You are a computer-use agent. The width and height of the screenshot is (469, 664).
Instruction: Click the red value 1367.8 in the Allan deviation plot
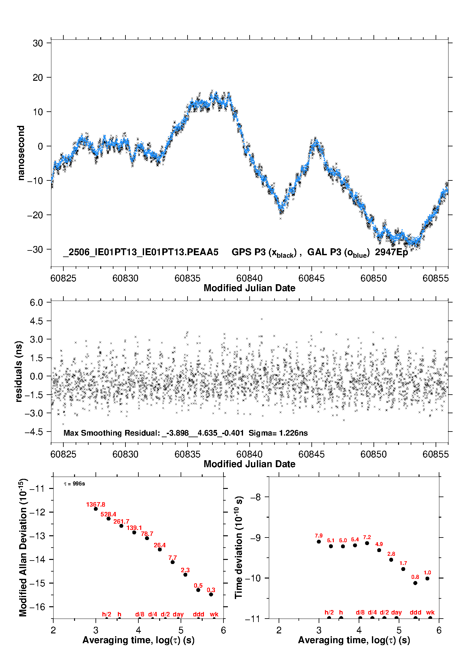pyautogui.click(x=96, y=504)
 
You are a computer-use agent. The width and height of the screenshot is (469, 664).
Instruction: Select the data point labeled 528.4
pyautogui.click(x=108, y=519)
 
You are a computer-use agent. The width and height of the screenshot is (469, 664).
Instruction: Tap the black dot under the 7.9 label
pyautogui.click(x=319, y=542)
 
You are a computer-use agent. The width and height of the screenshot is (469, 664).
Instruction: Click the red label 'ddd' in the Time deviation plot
pyautogui.click(x=415, y=612)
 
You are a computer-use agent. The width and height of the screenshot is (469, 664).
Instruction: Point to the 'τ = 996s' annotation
pyautogui.click(x=74, y=484)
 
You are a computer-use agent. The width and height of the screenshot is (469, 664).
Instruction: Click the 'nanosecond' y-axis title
pyautogui.click(x=21, y=153)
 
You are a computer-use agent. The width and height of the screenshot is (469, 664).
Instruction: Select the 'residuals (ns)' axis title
pyautogui.click(x=19, y=372)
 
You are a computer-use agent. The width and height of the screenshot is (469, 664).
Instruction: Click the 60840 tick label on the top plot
pyautogui.click(x=249, y=278)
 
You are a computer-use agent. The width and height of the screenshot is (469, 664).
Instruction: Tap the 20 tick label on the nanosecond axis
pyautogui.click(x=38, y=78)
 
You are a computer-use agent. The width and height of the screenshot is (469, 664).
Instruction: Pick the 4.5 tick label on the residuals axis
pyautogui.click(x=36, y=321)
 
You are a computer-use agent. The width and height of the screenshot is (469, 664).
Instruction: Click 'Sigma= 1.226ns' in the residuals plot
pyautogui.click(x=278, y=433)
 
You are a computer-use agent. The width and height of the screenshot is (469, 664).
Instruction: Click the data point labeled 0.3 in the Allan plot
pyautogui.click(x=211, y=594)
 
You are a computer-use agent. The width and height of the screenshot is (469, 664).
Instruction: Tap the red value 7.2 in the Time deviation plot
pyautogui.click(x=367, y=537)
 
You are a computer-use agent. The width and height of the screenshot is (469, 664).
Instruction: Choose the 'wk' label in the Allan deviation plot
pyautogui.click(x=214, y=614)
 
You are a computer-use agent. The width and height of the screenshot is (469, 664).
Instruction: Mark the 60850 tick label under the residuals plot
pyautogui.click(x=373, y=454)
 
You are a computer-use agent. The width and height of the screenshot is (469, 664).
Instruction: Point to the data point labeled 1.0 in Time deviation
pyautogui.click(x=427, y=579)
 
